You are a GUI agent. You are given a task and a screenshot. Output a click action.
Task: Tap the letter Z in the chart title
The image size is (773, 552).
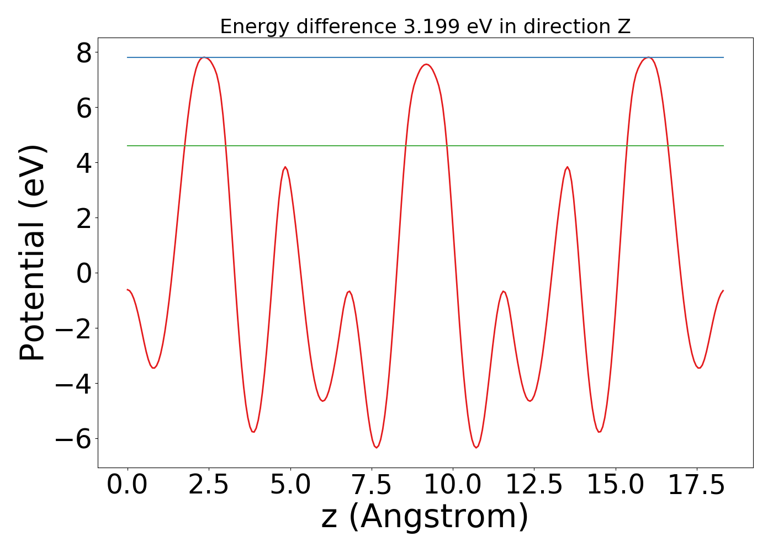(x=624, y=26)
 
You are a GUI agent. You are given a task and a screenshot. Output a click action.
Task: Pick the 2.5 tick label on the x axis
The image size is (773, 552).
(x=209, y=486)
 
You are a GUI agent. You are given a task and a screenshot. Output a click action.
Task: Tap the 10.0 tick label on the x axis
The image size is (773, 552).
(x=453, y=486)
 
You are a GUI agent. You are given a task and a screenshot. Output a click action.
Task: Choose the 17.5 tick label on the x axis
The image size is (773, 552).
(x=696, y=486)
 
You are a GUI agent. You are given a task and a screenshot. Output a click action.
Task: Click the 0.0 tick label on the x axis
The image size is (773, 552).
(x=128, y=486)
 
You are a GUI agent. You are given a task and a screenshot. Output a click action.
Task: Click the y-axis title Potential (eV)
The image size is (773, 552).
(x=33, y=253)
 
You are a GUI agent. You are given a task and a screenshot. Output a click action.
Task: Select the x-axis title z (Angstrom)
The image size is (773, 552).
(x=425, y=517)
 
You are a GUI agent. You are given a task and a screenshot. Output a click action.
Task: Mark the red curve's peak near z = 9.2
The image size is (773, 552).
(x=426, y=64)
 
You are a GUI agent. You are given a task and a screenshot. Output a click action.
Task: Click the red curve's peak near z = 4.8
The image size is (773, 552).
(x=285, y=167)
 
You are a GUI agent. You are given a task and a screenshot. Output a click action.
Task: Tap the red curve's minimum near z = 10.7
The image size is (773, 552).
(x=476, y=447)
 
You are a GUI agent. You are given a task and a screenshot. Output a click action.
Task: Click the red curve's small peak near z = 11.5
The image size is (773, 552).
(x=503, y=291)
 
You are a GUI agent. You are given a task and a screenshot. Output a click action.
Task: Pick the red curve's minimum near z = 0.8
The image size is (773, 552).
(x=153, y=368)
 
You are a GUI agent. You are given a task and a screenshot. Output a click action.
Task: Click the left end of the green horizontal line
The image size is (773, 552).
(x=128, y=146)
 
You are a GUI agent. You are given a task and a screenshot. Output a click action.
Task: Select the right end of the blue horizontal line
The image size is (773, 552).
(x=723, y=57)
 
